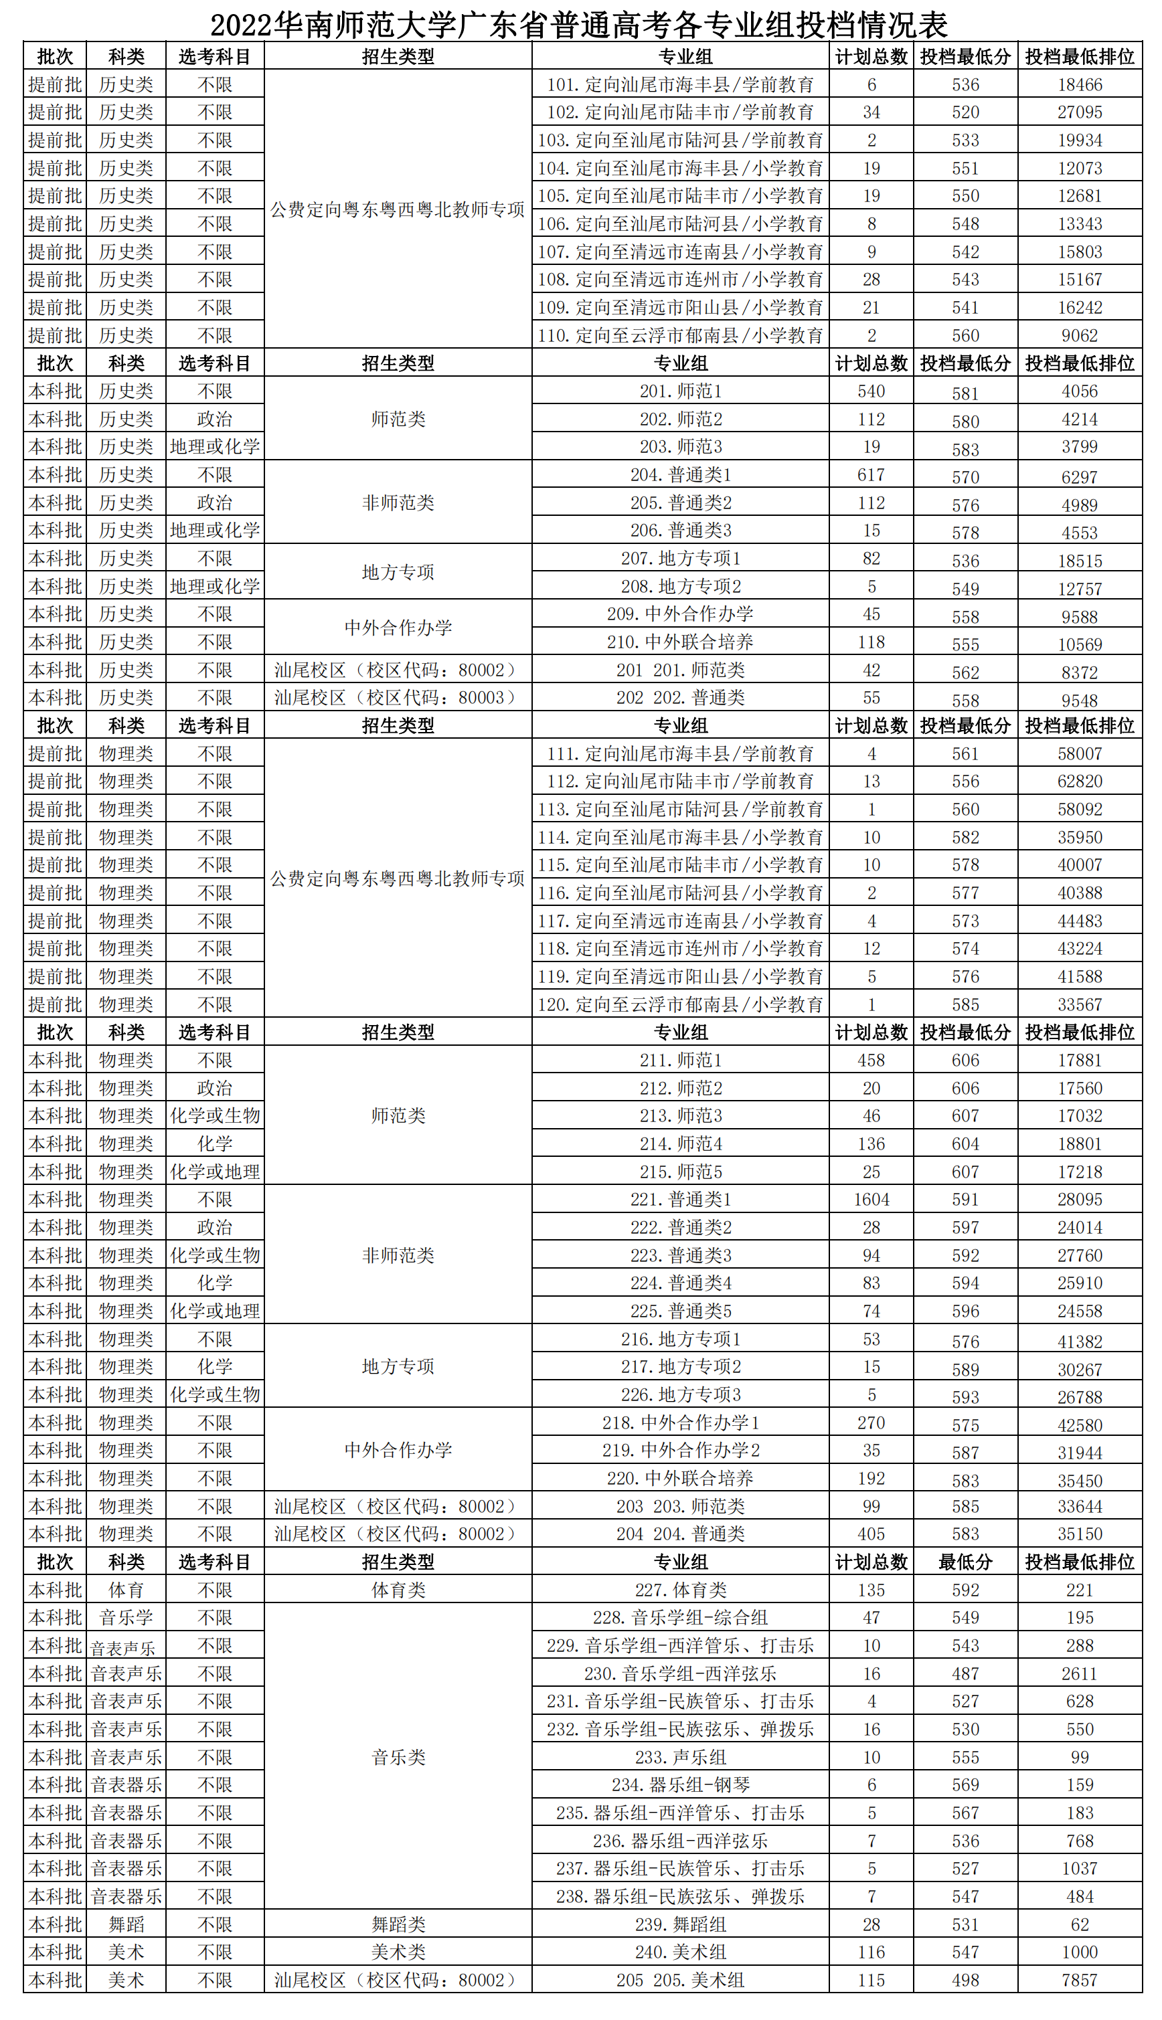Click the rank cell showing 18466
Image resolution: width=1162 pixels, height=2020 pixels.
pos(1079,84)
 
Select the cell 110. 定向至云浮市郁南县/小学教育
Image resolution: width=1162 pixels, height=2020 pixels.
pos(680,335)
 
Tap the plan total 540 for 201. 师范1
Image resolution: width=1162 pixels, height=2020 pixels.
pos(871,391)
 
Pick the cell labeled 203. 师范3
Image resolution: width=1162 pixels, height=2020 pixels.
pos(680,447)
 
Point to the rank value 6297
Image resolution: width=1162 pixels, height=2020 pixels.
pos(1079,477)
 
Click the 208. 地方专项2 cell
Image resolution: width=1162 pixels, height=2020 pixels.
pos(680,586)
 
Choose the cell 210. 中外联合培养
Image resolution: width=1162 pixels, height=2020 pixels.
pos(680,642)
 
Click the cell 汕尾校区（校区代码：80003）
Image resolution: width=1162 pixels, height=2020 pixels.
pos(398,697)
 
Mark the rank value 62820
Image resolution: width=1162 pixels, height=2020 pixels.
pos(1079,781)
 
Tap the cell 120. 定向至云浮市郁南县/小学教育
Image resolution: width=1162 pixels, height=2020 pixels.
pos(680,1004)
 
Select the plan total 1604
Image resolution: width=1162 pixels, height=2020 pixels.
pos(871,1199)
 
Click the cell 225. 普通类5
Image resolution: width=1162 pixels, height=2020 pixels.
pos(680,1311)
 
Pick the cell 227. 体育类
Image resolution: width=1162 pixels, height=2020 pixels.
pos(680,1589)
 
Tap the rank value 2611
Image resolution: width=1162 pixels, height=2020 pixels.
pos(1079,1673)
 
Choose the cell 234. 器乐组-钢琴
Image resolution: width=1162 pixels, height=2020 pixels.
pos(680,1784)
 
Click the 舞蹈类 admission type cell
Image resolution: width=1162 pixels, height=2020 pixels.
pos(398,1924)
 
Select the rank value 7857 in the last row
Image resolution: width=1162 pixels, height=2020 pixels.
pos(1079,1979)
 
